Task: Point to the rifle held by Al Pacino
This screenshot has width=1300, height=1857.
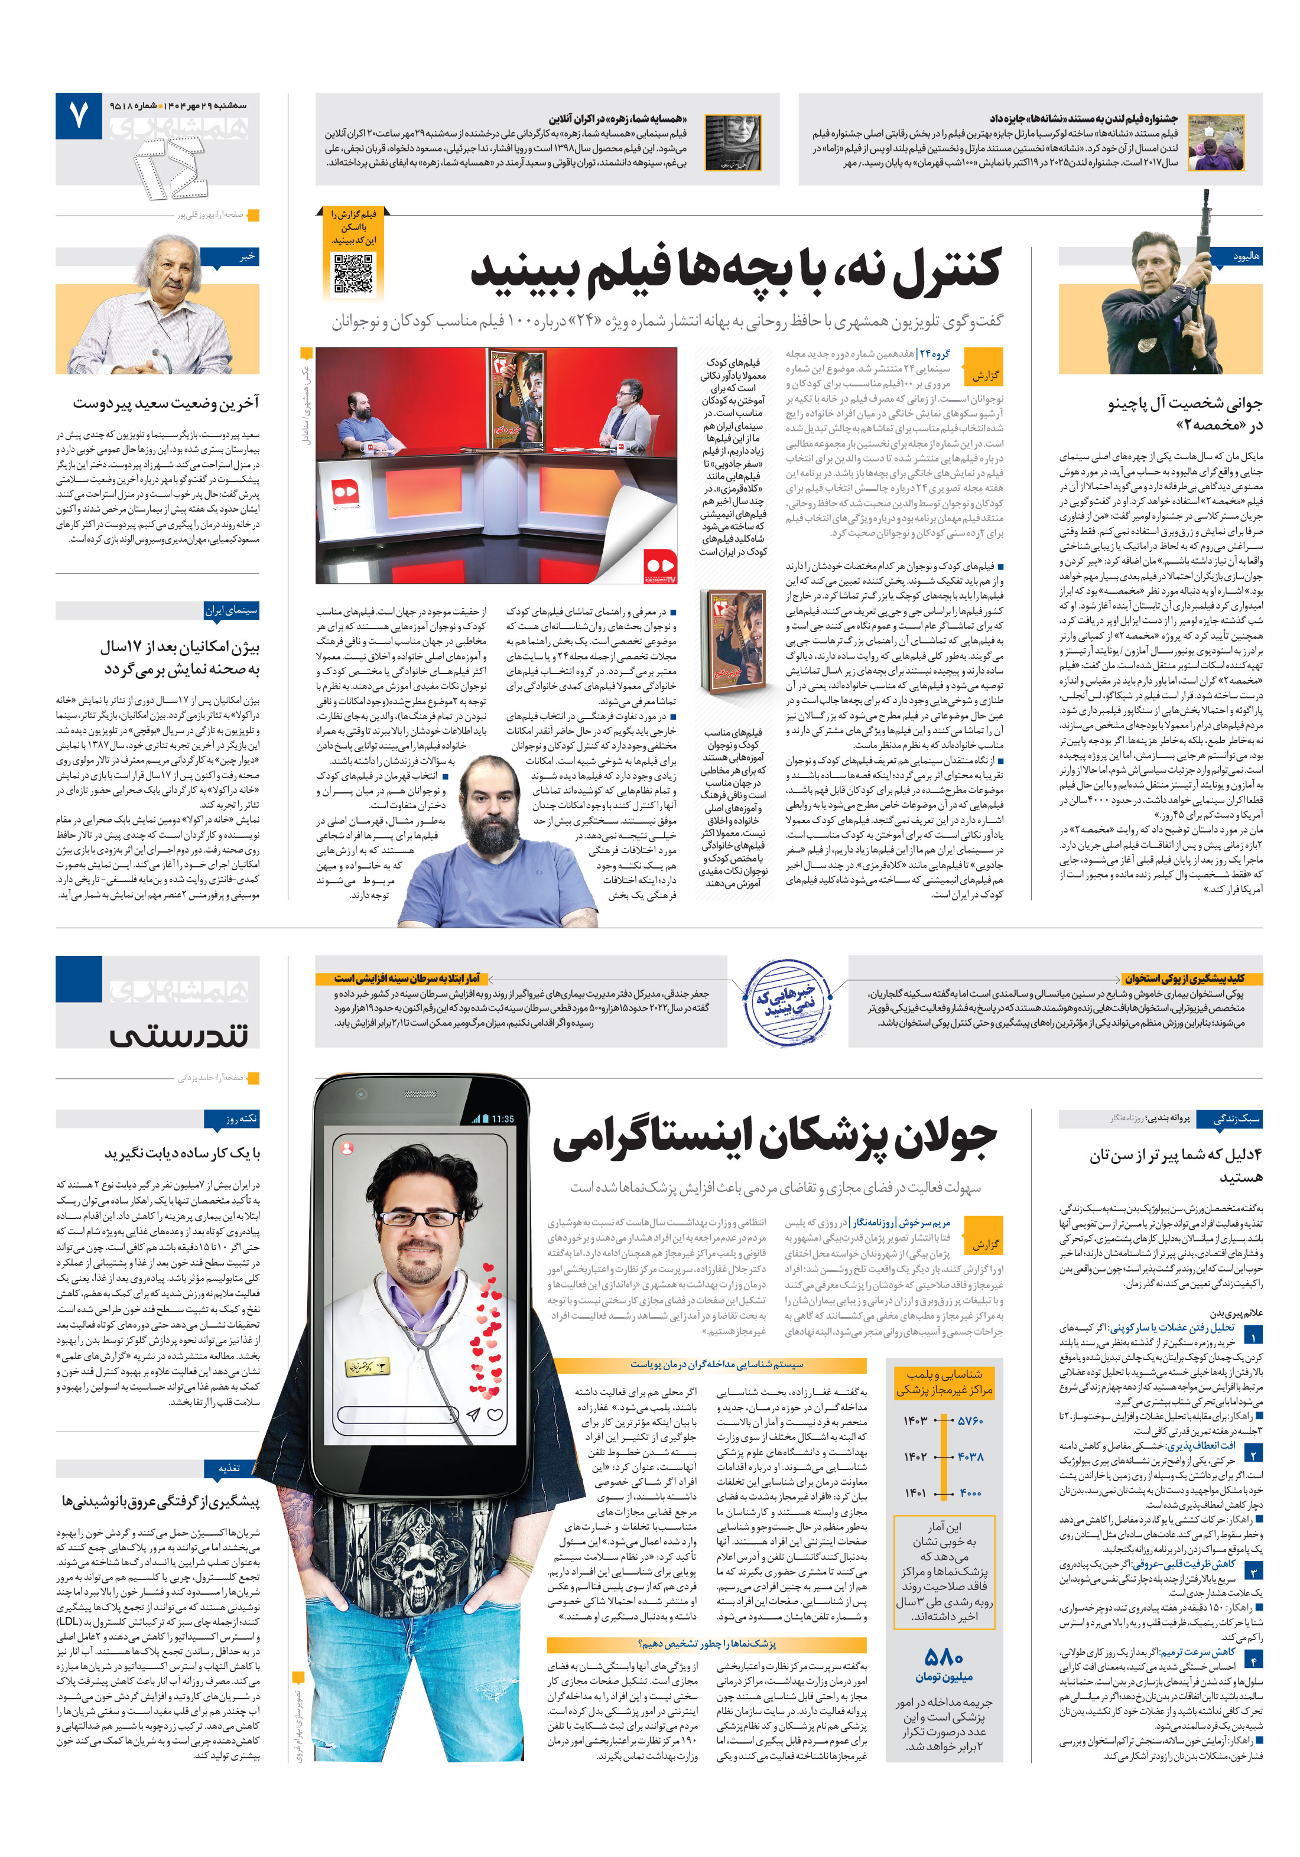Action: pos(1203,243)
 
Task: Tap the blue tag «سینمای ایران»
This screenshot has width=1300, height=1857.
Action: pos(232,611)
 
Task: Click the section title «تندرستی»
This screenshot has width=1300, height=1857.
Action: pos(180,1035)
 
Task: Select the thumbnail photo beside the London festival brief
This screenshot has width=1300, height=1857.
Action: pos(1215,142)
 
